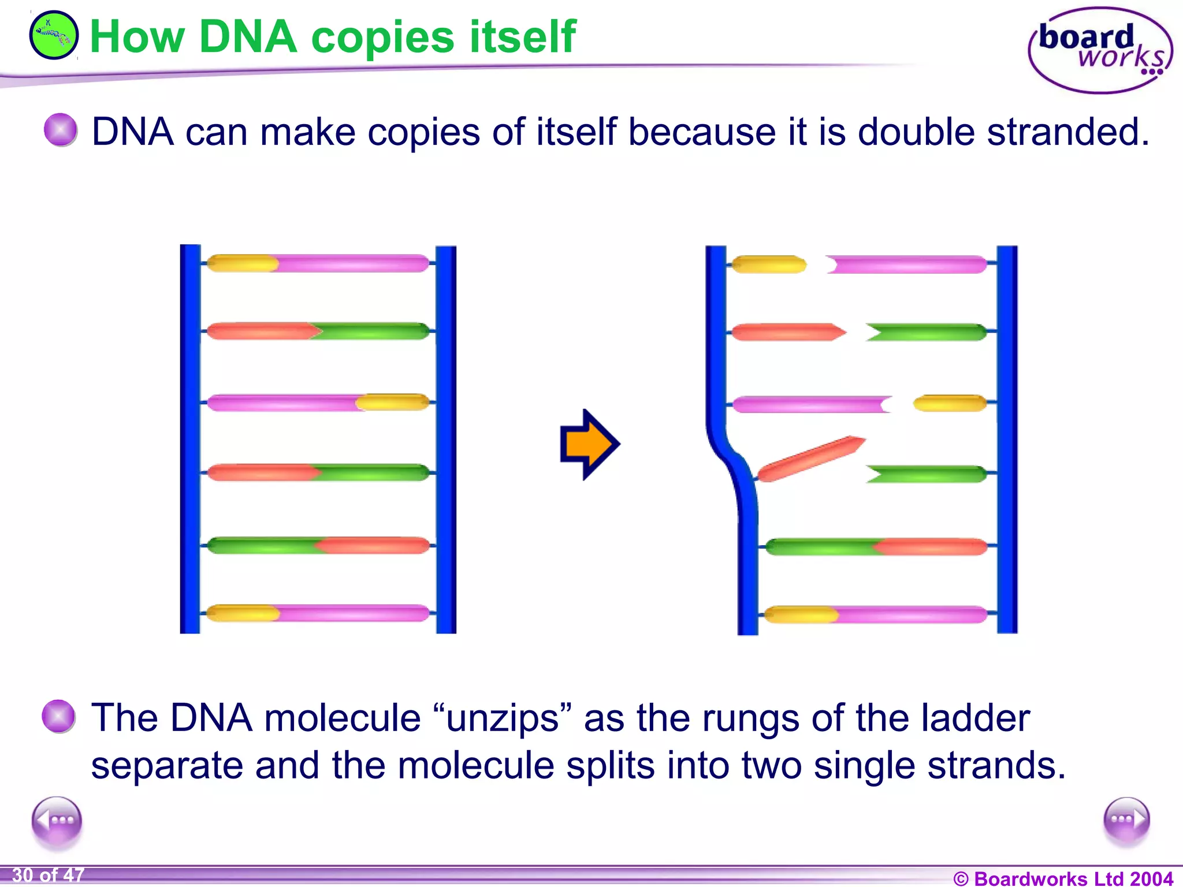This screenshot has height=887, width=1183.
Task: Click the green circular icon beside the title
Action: point(54,35)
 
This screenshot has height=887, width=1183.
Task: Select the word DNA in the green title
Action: point(247,37)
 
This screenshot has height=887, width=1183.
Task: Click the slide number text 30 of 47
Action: point(48,875)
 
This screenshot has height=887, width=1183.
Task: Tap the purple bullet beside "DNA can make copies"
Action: point(61,129)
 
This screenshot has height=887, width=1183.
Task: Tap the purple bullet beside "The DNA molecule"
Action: point(59,716)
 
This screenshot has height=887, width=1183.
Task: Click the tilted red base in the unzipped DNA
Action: point(811,459)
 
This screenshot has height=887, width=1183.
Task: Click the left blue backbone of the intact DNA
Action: point(190,439)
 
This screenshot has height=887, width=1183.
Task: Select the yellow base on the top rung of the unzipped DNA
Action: point(769,264)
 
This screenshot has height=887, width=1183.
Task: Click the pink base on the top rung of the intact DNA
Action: point(352,263)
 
